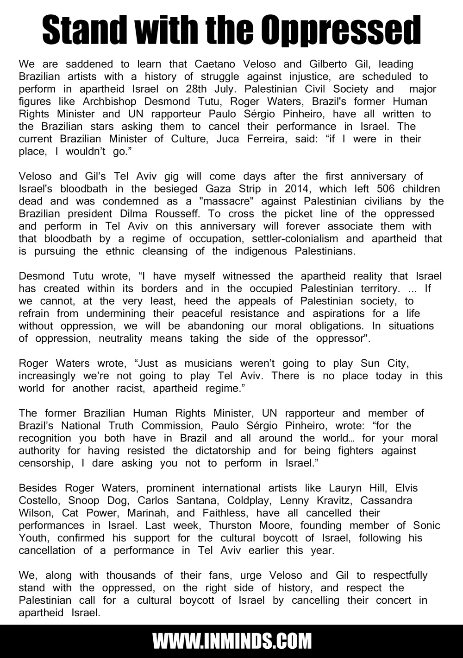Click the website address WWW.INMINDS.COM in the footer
pyautogui.click(x=231, y=642)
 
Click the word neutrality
pyautogui.click(x=120, y=339)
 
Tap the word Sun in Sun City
pyautogui.click(x=363, y=364)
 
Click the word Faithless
pyautogui.click(x=224, y=513)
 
